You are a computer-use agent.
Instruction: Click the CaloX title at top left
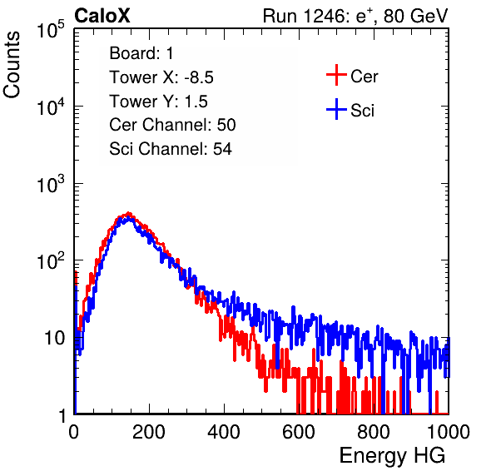pyautogui.click(x=102, y=16)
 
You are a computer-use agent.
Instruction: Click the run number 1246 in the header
pyautogui.click(x=322, y=16)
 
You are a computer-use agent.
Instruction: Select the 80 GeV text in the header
pyautogui.click(x=415, y=16)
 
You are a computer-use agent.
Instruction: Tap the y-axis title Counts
pyautogui.click(x=12, y=65)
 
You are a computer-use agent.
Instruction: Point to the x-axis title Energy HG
pyautogui.click(x=392, y=456)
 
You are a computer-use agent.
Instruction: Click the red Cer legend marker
pyautogui.click(x=336, y=75)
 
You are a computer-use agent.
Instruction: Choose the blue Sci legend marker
pyautogui.click(x=336, y=110)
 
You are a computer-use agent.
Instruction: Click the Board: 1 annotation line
pyautogui.click(x=141, y=53)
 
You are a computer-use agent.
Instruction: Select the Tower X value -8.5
pyautogui.click(x=199, y=77)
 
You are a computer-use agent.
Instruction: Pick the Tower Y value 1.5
pyautogui.click(x=196, y=102)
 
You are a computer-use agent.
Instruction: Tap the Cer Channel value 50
pyautogui.click(x=226, y=125)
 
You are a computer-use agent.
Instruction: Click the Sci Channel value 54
pyautogui.click(x=222, y=149)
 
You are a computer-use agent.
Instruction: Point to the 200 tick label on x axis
pyautogui.click(x=149, y=432)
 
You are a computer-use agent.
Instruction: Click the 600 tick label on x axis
pyautogui.click(x=299, y=432)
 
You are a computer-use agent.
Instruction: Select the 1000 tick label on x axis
pyautogui.click(x=449, y=432)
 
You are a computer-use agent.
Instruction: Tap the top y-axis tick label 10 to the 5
pyautogui.click(x=51, y=30)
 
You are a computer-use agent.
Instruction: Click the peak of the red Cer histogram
pyautogui.click(x=128, y=213)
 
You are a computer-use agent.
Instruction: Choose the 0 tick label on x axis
pyautogui.click(x=74, y=432)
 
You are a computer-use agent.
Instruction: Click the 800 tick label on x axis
pyautogui.click(x=374, y=432)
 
